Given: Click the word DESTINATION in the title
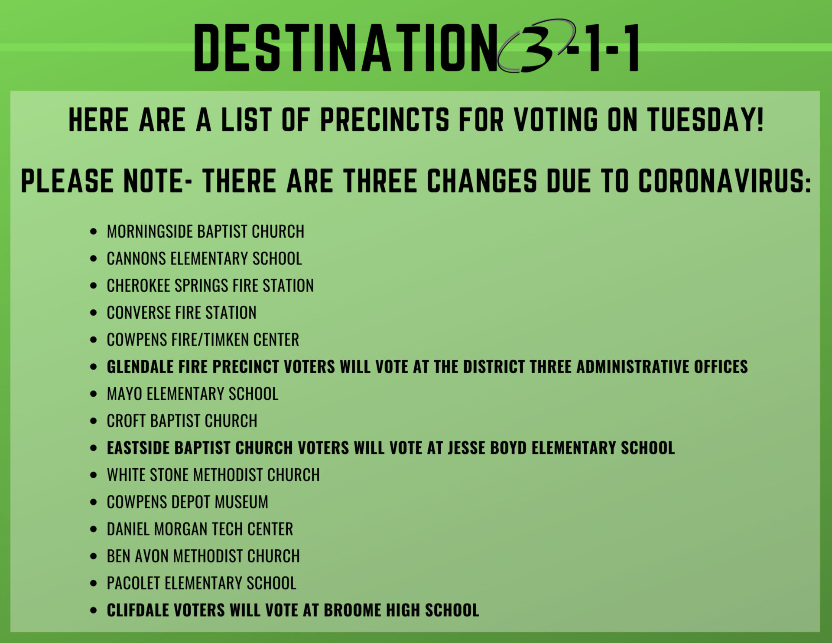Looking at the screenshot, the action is (345, 47).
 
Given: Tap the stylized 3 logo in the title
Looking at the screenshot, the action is (536, 46).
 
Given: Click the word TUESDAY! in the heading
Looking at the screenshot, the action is (705, 120).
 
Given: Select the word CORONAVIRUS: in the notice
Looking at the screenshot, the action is (725, 181).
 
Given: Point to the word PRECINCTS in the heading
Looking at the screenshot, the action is (385, 120).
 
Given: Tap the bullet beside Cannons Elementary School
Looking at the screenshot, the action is (94, 259).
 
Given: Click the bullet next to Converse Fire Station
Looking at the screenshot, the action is (94, 313).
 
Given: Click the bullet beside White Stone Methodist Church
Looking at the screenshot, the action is (94, 475).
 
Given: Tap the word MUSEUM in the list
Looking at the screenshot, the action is (241, 502).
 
